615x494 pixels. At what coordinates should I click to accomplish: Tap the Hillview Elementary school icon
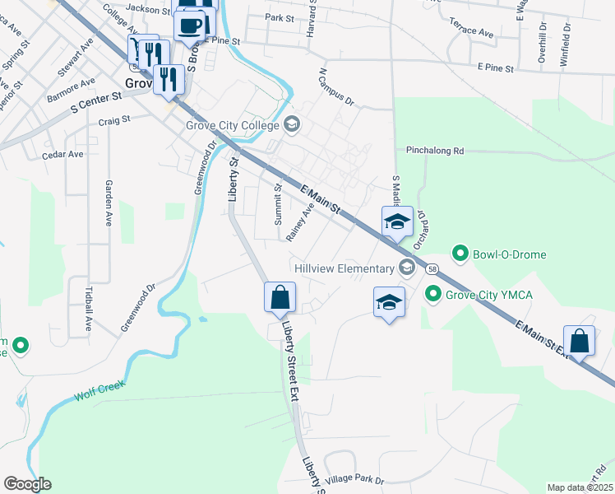(x=406, y=268)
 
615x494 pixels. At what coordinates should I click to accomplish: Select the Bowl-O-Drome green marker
(x=460, y=254)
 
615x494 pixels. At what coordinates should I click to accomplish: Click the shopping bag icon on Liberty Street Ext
(x=280, y=296)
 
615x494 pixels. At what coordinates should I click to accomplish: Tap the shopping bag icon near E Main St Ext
(x=580, y=341)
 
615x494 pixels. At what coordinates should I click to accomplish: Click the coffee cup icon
(x=189, y=25)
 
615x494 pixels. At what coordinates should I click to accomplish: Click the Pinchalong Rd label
(x=436, y=151)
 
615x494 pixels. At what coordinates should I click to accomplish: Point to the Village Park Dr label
(x=354, y=479)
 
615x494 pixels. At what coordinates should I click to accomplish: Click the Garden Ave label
(x=108, y=203)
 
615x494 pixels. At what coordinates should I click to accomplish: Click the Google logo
(x=27, y=484)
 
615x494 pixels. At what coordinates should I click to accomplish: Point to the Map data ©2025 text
(x=580, y=487)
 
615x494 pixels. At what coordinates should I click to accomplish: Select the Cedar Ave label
(x=63, y=154)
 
